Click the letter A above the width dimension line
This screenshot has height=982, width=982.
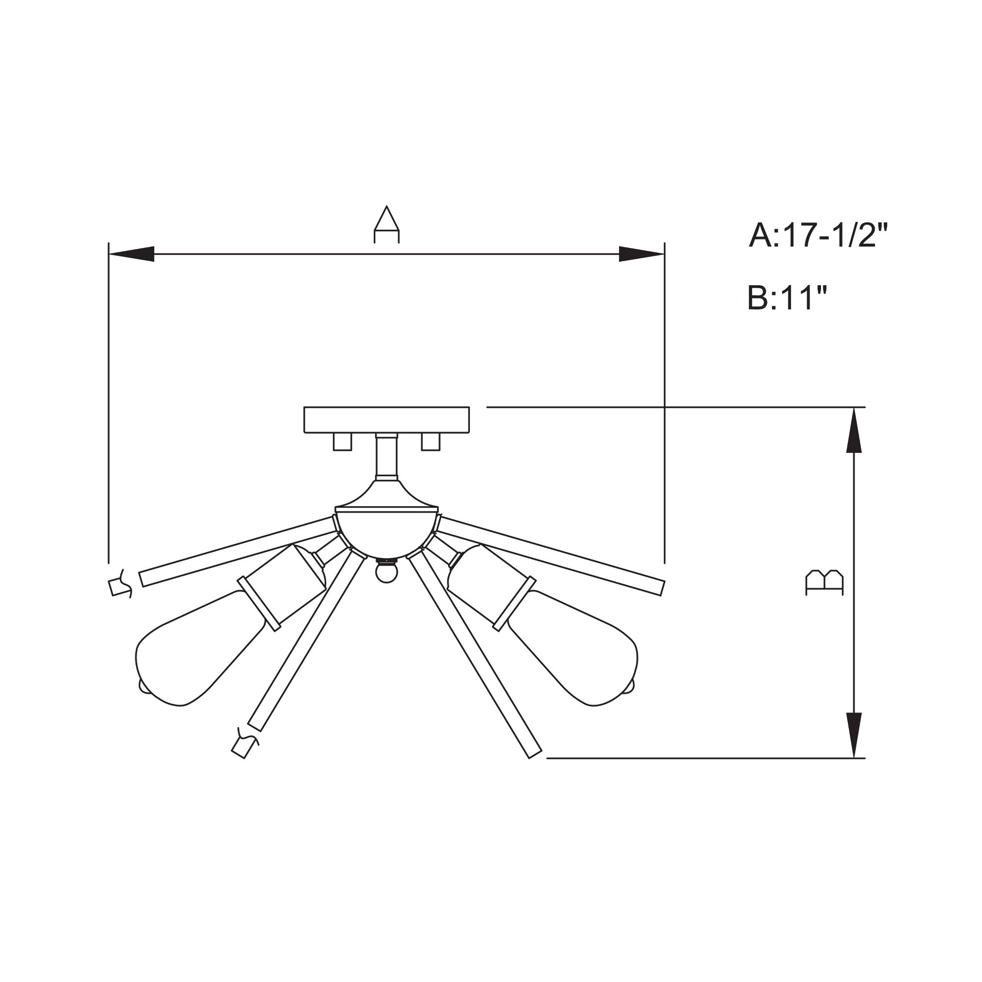tap(387, 225)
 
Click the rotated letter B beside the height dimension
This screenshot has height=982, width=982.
tap(825, 582)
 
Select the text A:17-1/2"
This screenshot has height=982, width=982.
tap(818, 235)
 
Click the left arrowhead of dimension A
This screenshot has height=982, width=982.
tap(132, 254)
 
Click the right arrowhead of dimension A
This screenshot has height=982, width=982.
tap(641, 254)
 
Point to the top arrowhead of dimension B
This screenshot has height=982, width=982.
tap(853, 430)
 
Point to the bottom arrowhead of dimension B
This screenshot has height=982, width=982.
tap(853, 736)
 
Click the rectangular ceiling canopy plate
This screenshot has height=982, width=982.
tap(386, 420)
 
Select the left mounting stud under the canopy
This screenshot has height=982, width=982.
tap(342, 442)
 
